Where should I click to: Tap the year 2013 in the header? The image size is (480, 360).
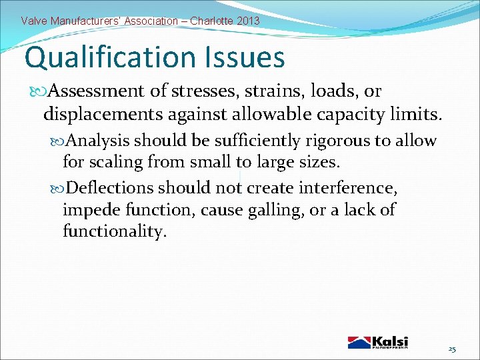[248, 21]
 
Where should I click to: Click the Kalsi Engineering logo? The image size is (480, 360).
[377, 342]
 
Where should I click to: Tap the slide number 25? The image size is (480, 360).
[452, 349]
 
